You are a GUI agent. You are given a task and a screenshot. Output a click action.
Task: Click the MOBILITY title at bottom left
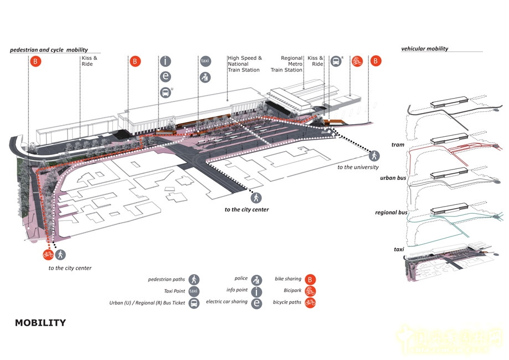(x=40, y=323)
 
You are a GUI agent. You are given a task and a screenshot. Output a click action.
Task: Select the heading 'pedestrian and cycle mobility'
(x=49, y=50)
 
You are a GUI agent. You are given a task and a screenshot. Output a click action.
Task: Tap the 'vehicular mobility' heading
(x=424, y=49)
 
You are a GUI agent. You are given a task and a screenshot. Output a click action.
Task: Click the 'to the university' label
(x=358, y=167)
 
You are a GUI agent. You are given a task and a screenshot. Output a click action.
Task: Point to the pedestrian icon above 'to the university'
(x=374, y=156)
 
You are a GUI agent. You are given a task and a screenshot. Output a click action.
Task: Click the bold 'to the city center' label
(x=246, y=209)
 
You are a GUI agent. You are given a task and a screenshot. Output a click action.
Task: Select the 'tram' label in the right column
(x=398, y=145)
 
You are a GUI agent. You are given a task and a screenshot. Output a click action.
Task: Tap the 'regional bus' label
(x=391, y=213)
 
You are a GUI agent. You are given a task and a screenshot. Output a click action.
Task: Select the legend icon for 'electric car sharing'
(x=256, y=303)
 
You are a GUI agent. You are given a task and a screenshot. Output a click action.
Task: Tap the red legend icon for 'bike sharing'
(x=310, y=280)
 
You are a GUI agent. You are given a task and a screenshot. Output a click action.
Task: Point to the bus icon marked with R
(x=336, y=61)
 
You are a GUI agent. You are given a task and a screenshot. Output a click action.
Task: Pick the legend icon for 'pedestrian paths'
(x=193, y=280)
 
